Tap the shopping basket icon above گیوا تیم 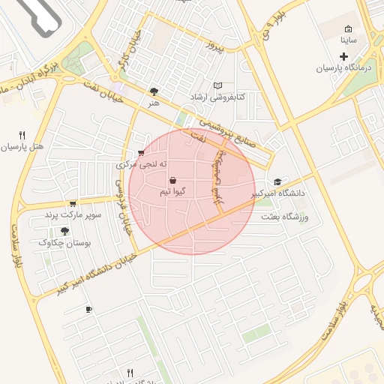(x=173, y=181)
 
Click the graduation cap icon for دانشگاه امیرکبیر (x=278, y=182)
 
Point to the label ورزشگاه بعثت (x=284, y=217)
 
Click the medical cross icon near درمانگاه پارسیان (x=345, y=57)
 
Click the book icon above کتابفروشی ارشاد (x=217, y=86)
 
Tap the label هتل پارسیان (x=22, y=147)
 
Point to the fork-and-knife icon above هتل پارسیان (x=22, y=135)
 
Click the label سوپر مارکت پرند (x=72, y=215)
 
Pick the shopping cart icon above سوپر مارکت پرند (x=72, y=203)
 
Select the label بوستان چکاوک (x=65, y=243)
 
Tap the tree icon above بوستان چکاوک (x=65, y=231)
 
